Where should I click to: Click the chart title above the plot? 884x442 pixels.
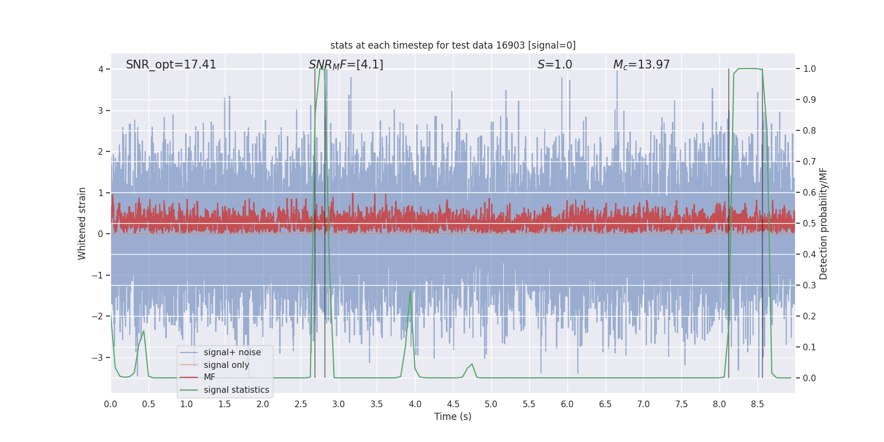pyautogui.click(x=452, y=45)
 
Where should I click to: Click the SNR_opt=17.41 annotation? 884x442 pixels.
pyautogui.click(x=171, y=65)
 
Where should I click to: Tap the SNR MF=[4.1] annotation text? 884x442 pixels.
pyautogui.click(x=346, y=65)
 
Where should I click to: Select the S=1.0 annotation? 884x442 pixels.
pyautogui.click(x=555, y=65)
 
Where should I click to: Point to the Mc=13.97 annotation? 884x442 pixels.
pyautogui.click(x=641, y=65)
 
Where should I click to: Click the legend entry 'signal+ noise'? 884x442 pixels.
pyautogui.click(x=232, y=352)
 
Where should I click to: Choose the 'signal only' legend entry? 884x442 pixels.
pyautogui.click(x=226, y=365)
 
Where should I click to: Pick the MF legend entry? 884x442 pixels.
pyautogui.click(x=209, y=377)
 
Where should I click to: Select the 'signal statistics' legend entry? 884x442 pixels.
pyautogui.click(x=236, y=390)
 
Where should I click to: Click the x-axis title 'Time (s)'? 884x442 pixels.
pyautogui.click(x=452, y=417)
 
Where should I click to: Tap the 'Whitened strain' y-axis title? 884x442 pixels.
pyautogui.click(x=82, y=223)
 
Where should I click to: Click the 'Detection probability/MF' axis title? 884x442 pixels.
pyautogui.click(x=823, y=223)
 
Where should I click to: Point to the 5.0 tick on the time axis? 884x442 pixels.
pyautogui.click(x=491, y=404)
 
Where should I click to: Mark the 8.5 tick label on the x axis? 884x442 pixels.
pyautogui.click(x=757, y=404)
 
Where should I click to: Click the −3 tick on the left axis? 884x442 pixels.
pyautogui.click(x=98, y=357)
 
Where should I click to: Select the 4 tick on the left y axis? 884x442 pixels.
pyautogui.click(x=101, y=69)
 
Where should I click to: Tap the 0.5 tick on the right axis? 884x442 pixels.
pyautogui.click(x=809, y=223)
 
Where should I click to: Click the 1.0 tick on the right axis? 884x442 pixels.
pyautogui.click(x=809, y=69)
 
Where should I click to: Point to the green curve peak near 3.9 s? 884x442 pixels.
pyautogui.click(x=411, y=291)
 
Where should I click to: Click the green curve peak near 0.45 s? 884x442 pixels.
pyautogui.click(x=144, y=331)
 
